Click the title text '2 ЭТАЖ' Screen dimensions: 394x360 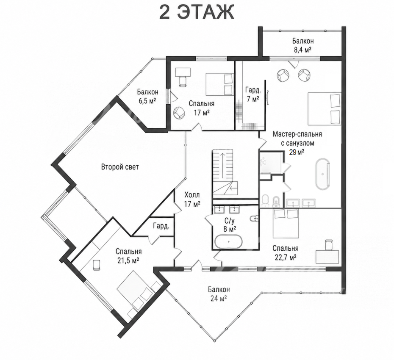click(x=197, y=12)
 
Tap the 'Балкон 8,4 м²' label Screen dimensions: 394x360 click(x=303, y=45)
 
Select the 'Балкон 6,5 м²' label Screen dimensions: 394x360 click(x=147, y=96)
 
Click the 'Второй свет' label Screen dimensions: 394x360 click(x=120, y=167)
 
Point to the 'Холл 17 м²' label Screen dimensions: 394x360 click(x=192, y=199)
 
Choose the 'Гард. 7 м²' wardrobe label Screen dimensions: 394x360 click(x=253, y=94)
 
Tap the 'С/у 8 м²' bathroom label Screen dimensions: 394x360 click(x=230, y=225)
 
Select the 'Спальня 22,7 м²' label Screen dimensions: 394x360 click(x=285, y=252)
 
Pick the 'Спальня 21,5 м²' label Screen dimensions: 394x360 click(x=128, y=256)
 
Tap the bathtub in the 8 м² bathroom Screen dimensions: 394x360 click(x=228, y=242)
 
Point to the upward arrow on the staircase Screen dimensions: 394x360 click(x=222, y=165)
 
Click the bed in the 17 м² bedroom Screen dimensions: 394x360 click(x=219, y=84)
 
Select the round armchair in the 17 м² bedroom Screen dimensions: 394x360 click(x=179, y=113)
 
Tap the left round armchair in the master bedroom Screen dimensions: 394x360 click(x=283, y=75)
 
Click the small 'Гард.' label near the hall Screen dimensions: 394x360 click(x=161, y=226)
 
